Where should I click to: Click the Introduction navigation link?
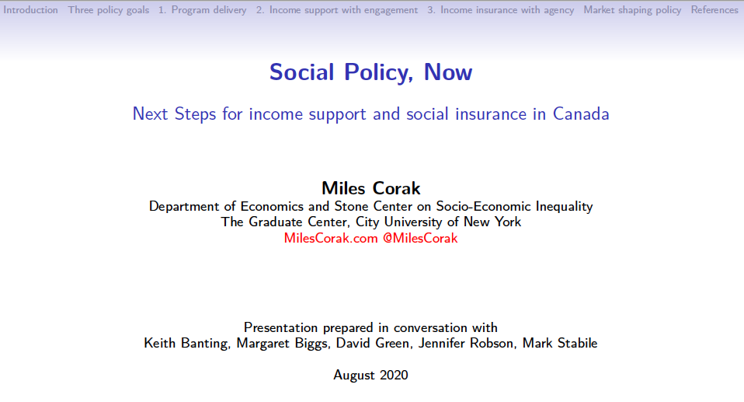(30, 10)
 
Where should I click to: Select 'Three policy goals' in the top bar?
(108, 10)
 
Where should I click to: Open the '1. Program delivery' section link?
(203, 10)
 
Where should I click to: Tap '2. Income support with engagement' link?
(337, 10)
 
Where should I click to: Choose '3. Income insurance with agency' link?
(501, 10)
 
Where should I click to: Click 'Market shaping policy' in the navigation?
(632, 10)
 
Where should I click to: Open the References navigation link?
(714, 10)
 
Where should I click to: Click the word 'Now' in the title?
(448, 72)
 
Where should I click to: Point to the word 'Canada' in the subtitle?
(581, 114)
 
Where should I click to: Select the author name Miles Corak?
(371, 188)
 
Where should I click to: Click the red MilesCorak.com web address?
(331, 238)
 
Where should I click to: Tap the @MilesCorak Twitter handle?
(420, 238)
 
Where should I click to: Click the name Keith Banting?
(186, 344)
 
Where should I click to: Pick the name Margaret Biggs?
(282, 344)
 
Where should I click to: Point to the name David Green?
(374, 344)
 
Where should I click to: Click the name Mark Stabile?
(560, 344)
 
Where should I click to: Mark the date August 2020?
(370, 376)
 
